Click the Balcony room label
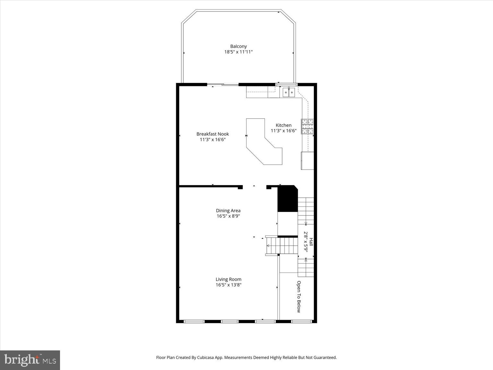pyautogui.click(x=238, y=46)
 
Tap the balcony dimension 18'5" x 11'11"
pyautogui.click(x=238, y=52)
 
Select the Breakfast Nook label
pyautogui.click(x=212, y=134)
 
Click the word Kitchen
pyautogui.click(x=283, y=125)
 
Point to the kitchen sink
pyautogui.click(x=289, y=92)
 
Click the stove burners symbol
pyautogui.click(x=307, y=126)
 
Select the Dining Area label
pyautogui.click(x=228, y=211)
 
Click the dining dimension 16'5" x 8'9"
pyautogui.click(x=228, y=216)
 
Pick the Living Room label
pyautogui.click(x=228, y=279)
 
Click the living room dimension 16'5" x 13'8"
pyautogui.click(x=228, y=285)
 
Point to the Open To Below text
pyautogui.click(x=298, y=296)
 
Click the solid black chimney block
pyautogui.click(x=287, y=199)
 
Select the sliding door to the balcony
pyautogui.click(x=223, y=85)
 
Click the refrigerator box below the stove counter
pyautogui.click(x=307, y=160)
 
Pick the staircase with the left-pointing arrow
pyautogui.click(x=282, y=246)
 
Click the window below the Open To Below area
pyautogui.click(x=301, y=321)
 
